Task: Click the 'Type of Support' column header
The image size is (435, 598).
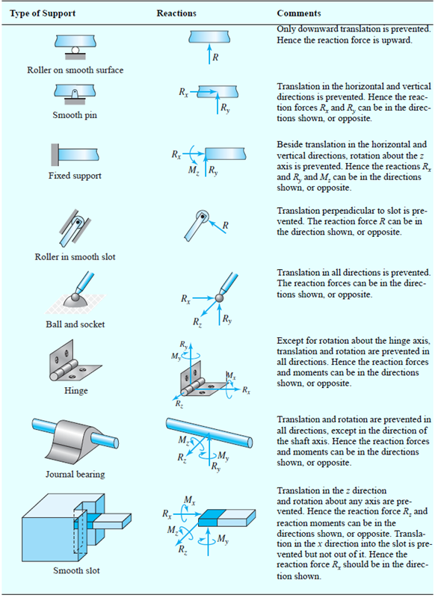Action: point(43,13)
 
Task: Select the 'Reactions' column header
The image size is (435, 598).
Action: point(176,13)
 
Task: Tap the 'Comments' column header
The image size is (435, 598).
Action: point(299,13)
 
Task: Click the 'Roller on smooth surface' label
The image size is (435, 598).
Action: point(75,70)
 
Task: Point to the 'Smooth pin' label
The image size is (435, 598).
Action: point(75,115)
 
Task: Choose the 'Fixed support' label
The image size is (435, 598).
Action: point(75,176)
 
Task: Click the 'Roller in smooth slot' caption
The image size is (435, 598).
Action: point(75,256)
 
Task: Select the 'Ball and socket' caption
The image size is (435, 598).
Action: point(75,324)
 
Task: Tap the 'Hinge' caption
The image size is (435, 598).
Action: point(76,390)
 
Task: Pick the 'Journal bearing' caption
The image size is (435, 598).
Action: point(75,474)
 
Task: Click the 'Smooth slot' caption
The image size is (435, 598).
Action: point(76,570)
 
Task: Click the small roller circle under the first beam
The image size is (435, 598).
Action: point(75,50)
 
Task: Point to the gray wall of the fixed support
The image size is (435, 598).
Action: point(55,155)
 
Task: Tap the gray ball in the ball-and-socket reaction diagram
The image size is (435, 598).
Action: point(219,298)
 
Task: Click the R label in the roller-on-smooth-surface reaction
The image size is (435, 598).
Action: point(215,58)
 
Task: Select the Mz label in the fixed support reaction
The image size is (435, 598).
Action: point(194,170)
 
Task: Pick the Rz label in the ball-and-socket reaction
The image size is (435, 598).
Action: point(197,322)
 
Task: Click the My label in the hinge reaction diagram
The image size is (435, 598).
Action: point(176,357)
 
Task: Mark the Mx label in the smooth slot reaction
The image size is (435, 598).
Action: point(190,500)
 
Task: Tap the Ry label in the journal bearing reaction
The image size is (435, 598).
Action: point(216,466)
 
